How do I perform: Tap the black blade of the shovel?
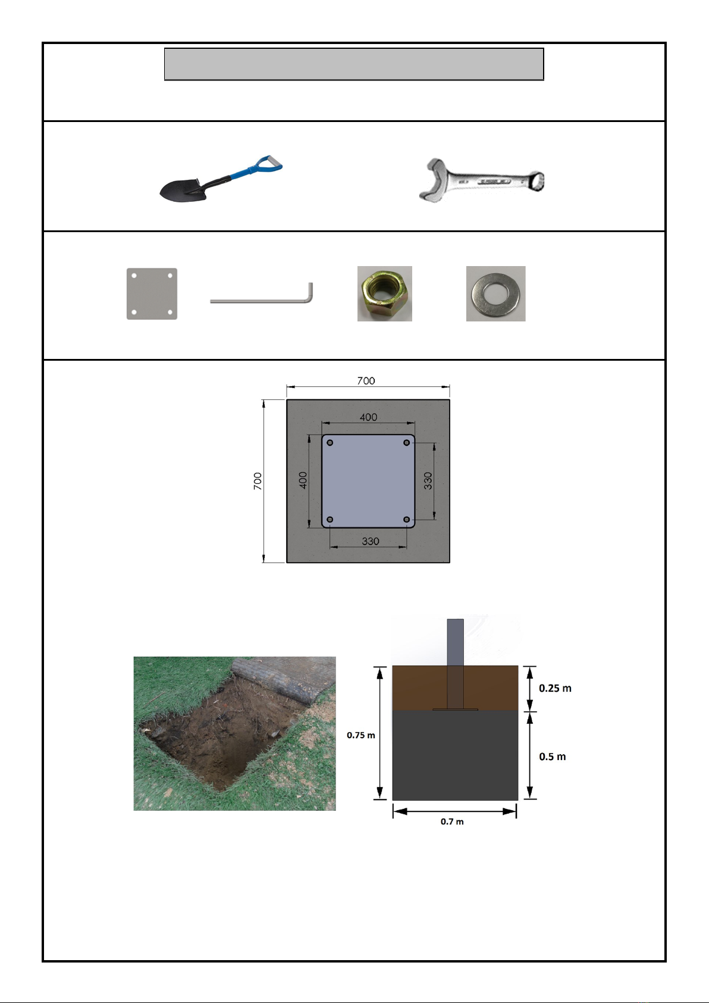coord(179,190)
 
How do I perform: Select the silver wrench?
coord(481,181)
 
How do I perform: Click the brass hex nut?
coord(385,293)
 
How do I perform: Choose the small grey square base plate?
coord(152,293)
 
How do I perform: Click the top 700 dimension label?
coord(366,380)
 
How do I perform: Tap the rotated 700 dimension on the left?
coord(258,481)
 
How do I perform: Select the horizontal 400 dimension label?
coord(368,417)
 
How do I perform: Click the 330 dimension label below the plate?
coord(371,541)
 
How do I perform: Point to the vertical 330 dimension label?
coord(428,480)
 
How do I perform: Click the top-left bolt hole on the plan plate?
coord(330,442)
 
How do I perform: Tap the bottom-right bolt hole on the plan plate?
coord(407,520)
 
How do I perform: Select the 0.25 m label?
coord(555,688)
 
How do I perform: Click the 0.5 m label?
coord(553,757)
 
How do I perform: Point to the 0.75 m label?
coord(361,735)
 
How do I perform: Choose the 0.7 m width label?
coord(452,821)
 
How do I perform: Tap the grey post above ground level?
coord(456,642)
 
